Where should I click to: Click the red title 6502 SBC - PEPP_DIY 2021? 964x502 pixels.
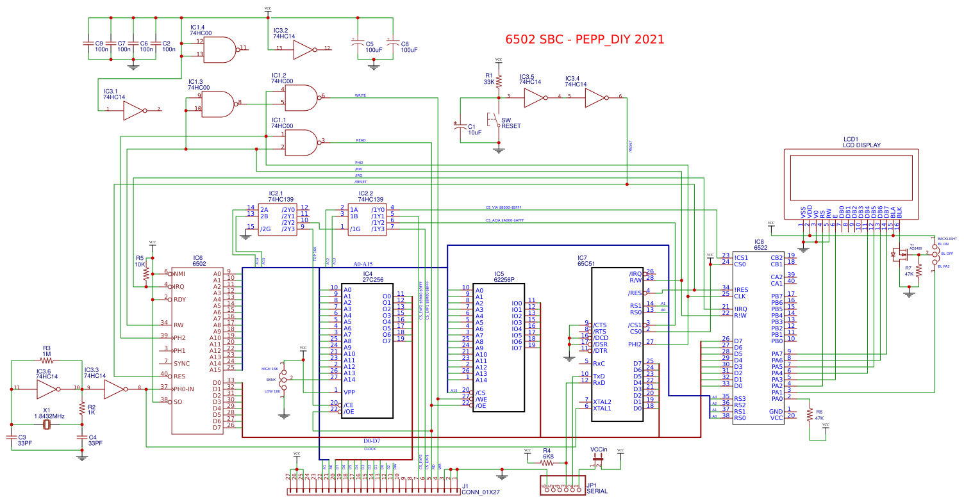click(x=585, y=39)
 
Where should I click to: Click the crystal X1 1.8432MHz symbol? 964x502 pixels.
click(x=46, y=424)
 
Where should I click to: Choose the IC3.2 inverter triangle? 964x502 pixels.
click(x=303, y=49)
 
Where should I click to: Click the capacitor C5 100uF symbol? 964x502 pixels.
click(x=357, y=44)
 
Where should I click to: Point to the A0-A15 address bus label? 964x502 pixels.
click(x=363, y=264)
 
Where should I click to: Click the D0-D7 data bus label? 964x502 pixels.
click(x=372, y=441)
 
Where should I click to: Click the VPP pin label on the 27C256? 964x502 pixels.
click(x=349, y=392)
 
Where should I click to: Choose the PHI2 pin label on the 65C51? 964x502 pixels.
click(x=635, y=344)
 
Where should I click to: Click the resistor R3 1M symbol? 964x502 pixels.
click(x=46, y=362)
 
